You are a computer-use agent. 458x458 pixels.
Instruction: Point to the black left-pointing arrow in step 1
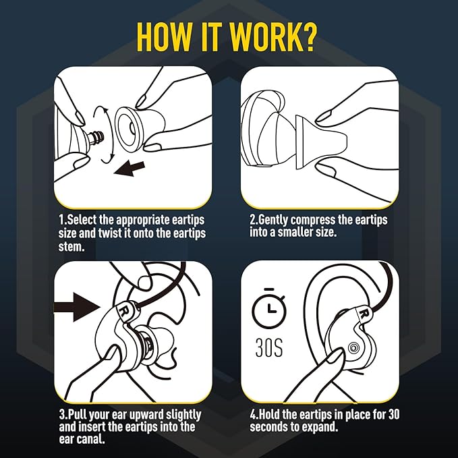130,169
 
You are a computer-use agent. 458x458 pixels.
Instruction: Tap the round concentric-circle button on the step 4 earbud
353,349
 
